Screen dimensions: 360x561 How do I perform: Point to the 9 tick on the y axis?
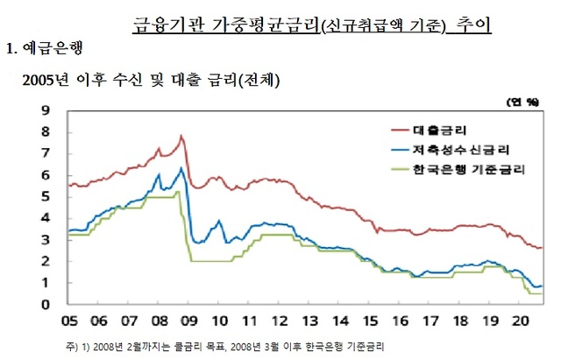[46, 111]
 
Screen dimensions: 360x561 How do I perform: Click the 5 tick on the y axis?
[46, 197]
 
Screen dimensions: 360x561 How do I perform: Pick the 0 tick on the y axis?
[46, 305]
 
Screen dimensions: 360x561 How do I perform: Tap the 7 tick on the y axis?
[46, 154]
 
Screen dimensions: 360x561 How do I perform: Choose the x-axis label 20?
[522, 321]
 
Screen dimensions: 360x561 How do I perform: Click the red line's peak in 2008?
[181, 136]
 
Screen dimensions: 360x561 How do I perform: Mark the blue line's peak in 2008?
[181, 167]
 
